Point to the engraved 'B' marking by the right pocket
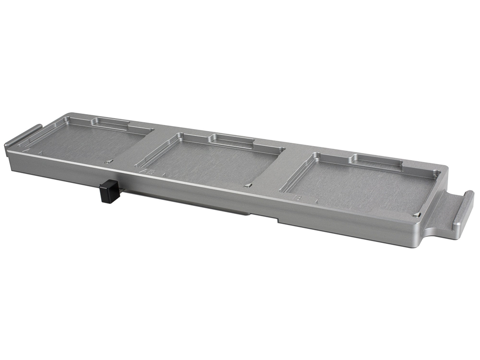pyautogui.click(x=297, y=198)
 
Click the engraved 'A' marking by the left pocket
pyautogui.click(x=26, y=150)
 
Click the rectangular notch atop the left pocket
pyautogui.click(x=111, y=122)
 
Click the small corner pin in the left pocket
pyautogui.click(x=108, y=162)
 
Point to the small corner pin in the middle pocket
pyautogui.click(x=247, y=186)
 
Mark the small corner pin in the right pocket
pyautogui.click(x=416, y=214)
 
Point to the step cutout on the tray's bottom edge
pyautogui.click(x=265, y=217)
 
